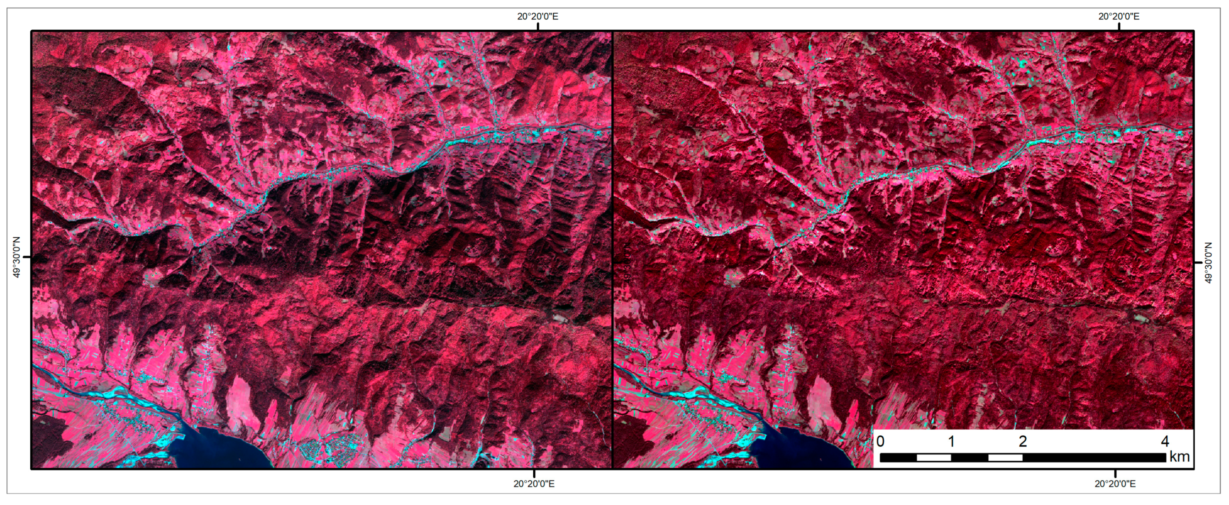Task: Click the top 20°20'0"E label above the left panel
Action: pos(538,16)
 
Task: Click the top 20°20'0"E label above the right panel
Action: pos(1119,16)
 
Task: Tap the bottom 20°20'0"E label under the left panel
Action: pos(534,484)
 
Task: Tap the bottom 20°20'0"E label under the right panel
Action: pos(1115,484)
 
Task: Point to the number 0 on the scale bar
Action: pos(881,441)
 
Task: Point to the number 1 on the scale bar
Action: pos(951,441)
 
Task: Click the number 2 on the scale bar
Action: pos(1022,441)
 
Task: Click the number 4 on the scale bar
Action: pos(1165,441)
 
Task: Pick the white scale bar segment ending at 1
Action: pos(933,458)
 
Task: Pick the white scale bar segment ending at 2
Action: pos(1005,458)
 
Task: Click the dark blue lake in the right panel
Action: pos(806,451)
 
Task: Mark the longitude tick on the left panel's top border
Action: pos(538,27)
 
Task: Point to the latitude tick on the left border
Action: pos(27,258)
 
